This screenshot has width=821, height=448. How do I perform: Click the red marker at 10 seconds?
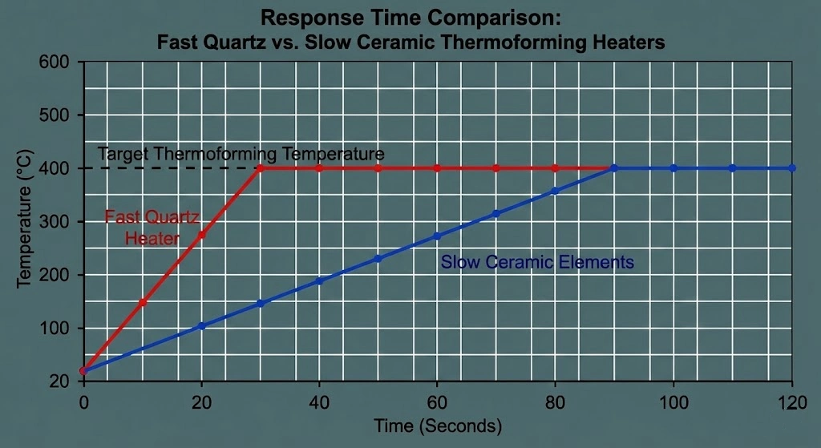(143, 302)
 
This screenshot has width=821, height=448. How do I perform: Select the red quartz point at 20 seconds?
(202, 235)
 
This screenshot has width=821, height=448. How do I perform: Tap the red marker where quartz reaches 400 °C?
(261, 168)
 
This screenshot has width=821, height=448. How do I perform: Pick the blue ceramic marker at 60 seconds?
(437, 236)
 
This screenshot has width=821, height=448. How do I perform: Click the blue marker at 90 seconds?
(614, 168)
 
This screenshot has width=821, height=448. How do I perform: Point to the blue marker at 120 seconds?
(792, 168)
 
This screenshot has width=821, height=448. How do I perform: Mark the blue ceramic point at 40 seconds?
(319, 281)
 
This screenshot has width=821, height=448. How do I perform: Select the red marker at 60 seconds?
(437, 168)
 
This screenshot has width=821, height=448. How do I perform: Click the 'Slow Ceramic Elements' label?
(537, 262)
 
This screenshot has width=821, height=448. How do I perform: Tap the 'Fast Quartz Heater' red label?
(152, 227)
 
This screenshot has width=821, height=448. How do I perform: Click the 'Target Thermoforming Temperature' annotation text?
(241, 153)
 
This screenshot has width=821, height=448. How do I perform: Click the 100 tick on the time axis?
(673, 402)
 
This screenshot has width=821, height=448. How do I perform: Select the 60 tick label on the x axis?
(437, 402)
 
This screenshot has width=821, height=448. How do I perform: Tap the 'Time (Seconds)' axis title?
(438, 425)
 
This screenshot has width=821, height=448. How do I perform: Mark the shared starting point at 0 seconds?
(84, 370)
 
